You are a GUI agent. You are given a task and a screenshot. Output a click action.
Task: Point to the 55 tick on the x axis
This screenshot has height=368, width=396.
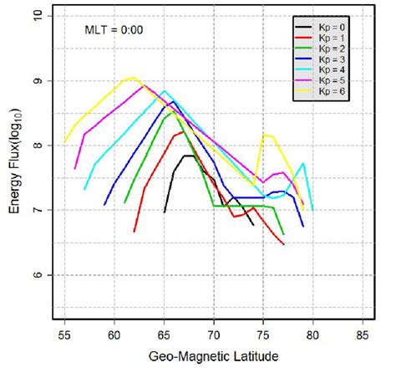coord(64,335)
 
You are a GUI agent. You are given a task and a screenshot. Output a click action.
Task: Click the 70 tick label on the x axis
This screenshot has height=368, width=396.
coord(214,335)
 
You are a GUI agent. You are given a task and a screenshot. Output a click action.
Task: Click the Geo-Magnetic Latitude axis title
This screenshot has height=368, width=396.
coord(214,355)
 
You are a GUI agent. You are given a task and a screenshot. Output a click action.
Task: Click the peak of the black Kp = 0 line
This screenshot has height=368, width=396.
coord(189,156)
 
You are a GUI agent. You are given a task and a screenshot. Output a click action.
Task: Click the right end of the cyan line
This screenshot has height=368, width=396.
coord(312,209)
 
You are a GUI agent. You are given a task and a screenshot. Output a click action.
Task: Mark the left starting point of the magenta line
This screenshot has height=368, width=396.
coord(75,169)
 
